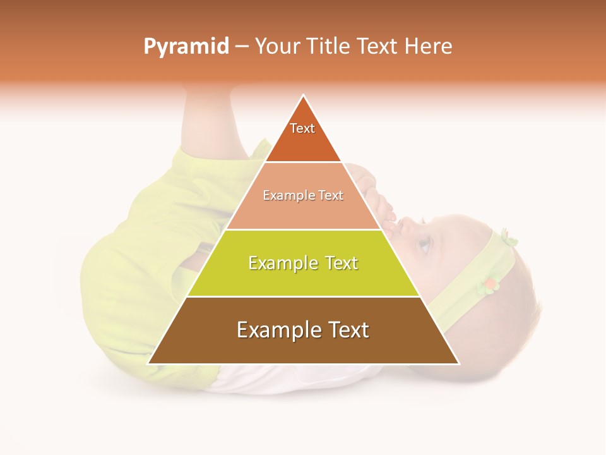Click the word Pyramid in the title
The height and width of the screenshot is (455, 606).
186,47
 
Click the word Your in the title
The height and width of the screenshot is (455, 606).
277,47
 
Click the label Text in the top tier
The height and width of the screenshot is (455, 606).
302,128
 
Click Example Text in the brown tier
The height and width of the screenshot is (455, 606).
303,330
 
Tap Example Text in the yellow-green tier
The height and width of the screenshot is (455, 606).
303,263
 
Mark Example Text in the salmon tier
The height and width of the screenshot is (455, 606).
303,195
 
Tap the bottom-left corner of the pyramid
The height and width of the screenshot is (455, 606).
149,363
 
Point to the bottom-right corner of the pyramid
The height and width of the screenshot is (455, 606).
458,363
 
